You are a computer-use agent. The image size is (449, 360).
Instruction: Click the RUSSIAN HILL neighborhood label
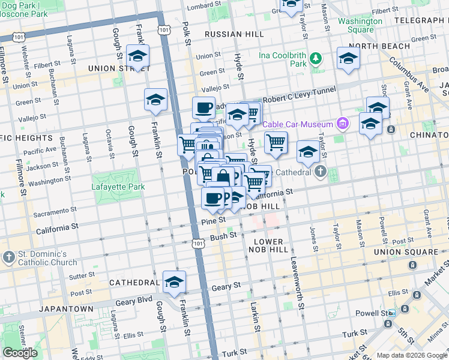click(231, 34)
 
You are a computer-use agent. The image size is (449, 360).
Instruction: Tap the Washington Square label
click(360, 25)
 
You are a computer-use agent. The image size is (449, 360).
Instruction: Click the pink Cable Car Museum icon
click(343, 124)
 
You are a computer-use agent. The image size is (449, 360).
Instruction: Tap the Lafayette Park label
click(118, 187)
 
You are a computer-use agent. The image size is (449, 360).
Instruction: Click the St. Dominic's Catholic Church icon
click(9, 257)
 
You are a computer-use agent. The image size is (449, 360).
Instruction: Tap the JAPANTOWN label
click(65, 308)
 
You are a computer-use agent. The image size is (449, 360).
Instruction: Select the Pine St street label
click(213, 221)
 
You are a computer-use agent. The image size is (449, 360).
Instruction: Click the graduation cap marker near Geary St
click(174, 282)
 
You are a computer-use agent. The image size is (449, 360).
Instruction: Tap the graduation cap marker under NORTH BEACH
click(348, 58)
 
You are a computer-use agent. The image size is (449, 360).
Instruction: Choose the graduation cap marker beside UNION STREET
click(138, 56)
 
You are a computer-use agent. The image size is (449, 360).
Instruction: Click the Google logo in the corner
click(20, 353)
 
